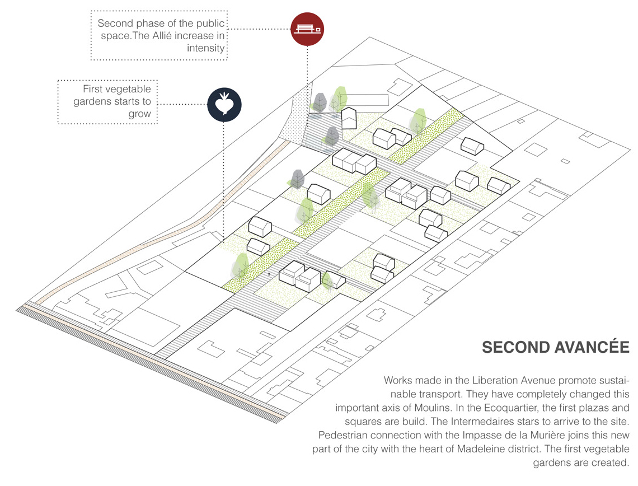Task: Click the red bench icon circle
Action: click(x=308, y=29)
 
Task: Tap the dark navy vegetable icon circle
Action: click(x=224, y=104)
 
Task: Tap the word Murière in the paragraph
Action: click(x=560, y=435)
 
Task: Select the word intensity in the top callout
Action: click(x=206, y=49)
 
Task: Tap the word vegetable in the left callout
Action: click(x=129, y=90)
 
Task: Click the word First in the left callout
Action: click(x=93, y=90)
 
